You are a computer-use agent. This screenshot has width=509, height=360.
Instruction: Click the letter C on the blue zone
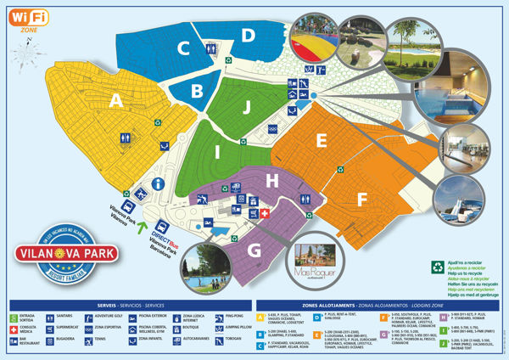coord(183,48)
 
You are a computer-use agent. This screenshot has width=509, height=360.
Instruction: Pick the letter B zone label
coord(196,89)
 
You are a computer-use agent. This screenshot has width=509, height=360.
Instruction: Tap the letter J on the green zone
coord(245,107)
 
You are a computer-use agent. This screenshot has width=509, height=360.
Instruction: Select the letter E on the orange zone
coord(322,140)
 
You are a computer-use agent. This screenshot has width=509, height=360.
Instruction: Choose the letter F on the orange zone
coord(363,201)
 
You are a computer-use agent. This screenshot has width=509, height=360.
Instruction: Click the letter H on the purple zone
coord(271,180)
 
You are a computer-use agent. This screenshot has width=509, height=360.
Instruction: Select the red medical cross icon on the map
coord(265,213)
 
